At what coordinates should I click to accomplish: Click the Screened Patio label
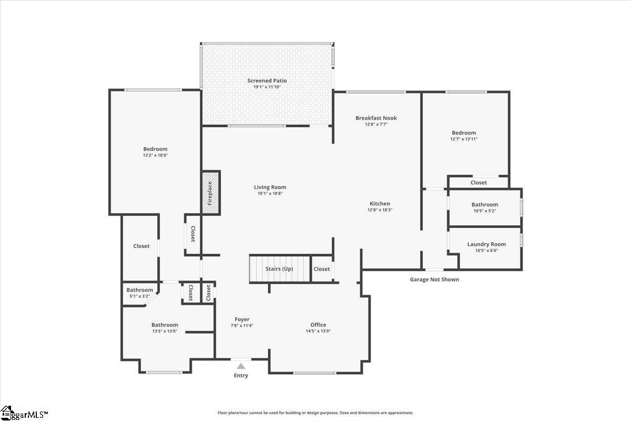click(x=267, y=81)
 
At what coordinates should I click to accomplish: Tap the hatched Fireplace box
click(x=210, y=193)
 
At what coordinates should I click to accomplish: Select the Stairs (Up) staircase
click(x=279, y=269)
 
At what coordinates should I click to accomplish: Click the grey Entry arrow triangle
click(x=241, y=366)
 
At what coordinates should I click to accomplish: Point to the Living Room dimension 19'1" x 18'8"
click(x=270, y=194)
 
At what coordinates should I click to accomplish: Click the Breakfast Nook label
click(x=376, y=118)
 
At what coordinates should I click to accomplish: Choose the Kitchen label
click(x=380, y=204)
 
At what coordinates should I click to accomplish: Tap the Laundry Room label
click(x=486, y=244)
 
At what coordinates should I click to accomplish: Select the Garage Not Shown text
click(x=434, y=279)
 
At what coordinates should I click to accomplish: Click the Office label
click(x=318, y=325)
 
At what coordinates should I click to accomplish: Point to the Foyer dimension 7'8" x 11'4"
click(x=242, y=325)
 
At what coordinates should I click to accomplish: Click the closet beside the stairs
click(x=322, y=269)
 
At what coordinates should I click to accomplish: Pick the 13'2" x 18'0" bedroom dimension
click(x=155, y=155)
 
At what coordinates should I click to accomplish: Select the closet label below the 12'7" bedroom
click(x=479, y=183)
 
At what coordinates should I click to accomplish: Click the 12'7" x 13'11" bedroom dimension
click(x=464, y=139)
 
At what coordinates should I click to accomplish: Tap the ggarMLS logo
click(x=24, y=414)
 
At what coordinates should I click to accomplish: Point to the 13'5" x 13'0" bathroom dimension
click(x=165, y=331)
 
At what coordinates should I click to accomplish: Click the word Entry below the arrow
click(x=241, y=376)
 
